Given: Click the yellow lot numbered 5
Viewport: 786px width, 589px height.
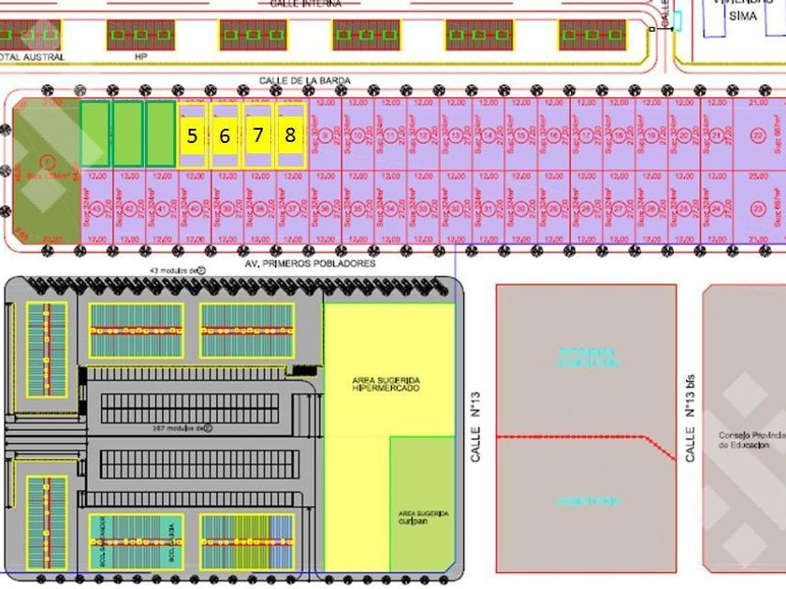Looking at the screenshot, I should point(192,136).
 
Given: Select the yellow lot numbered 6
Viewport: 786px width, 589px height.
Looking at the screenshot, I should point(225,136).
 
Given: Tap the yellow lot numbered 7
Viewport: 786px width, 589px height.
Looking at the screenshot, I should point(257,136).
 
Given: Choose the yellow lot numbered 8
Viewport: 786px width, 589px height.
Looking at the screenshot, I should point(290,136).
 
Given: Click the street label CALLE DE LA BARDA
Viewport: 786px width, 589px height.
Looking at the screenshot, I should point(305,81).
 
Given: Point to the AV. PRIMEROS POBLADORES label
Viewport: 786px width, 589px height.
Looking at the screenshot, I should point(310,264).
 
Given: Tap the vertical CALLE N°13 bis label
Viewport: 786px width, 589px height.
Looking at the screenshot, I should point(691,431).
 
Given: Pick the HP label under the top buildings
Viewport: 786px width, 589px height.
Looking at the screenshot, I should point(141,57).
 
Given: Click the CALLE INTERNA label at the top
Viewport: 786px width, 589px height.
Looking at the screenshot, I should point(305,5).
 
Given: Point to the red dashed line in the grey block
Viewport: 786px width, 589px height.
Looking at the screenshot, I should point(580,437).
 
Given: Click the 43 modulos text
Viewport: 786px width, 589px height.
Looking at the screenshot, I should point(169,270).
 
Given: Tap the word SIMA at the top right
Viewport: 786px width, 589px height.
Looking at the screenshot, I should point(742,16).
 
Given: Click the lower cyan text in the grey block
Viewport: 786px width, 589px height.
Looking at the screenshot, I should point(588,502).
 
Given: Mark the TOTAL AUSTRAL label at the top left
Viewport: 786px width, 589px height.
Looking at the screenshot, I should point(33,57).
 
